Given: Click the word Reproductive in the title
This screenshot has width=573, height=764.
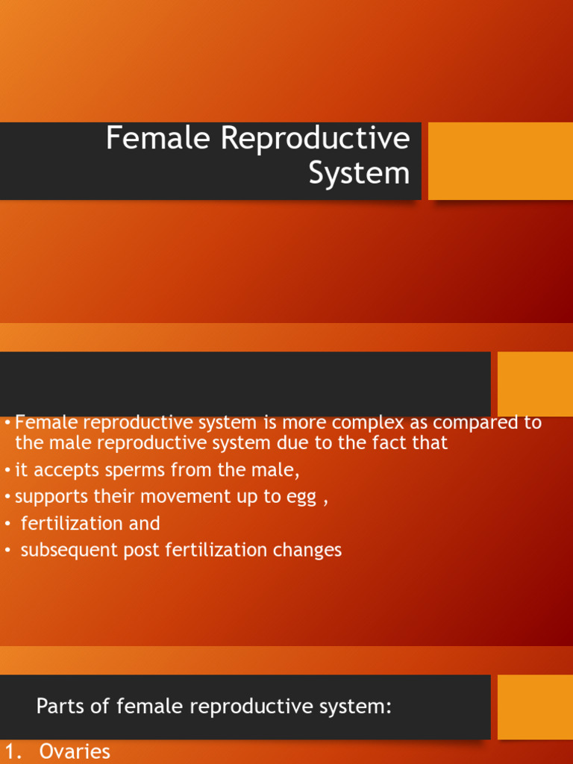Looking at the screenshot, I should coord(314,139).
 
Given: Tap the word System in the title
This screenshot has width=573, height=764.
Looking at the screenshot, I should coord(359,173).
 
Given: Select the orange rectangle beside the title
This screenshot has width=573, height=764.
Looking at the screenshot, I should coord(500,161).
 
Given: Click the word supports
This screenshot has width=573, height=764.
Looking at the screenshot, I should coord(48,497).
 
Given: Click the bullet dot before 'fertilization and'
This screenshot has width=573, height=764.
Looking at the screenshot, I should coord(7,524).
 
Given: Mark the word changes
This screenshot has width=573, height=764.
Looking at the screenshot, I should coord(307,551).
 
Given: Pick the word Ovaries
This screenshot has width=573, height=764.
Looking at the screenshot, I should coord(75,752).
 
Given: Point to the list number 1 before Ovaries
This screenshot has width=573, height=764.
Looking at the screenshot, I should coord(11,752).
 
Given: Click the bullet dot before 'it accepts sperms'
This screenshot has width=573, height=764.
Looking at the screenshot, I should coord(7,470).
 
